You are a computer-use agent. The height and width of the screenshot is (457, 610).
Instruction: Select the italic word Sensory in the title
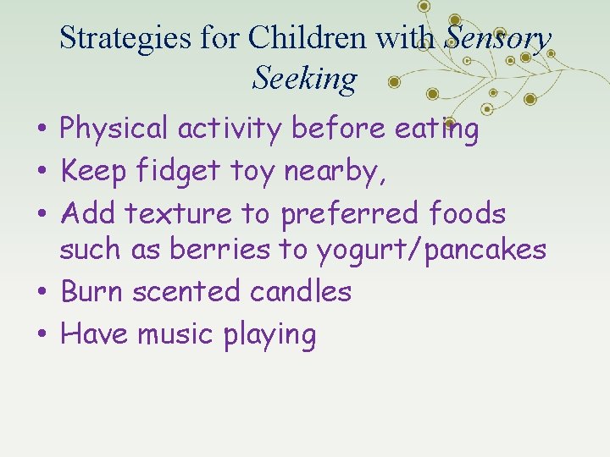click(498, 37)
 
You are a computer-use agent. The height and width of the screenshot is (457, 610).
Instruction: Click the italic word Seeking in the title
click(304, 78)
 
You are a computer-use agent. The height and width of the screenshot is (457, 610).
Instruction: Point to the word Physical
click(114, 129)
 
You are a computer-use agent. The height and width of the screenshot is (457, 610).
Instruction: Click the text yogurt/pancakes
click(431, 251)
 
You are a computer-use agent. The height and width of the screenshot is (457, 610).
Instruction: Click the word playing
click(269, 335)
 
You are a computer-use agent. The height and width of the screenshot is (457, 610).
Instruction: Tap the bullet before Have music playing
click(41, 335)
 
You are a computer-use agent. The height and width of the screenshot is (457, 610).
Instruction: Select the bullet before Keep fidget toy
click(41, 173)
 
